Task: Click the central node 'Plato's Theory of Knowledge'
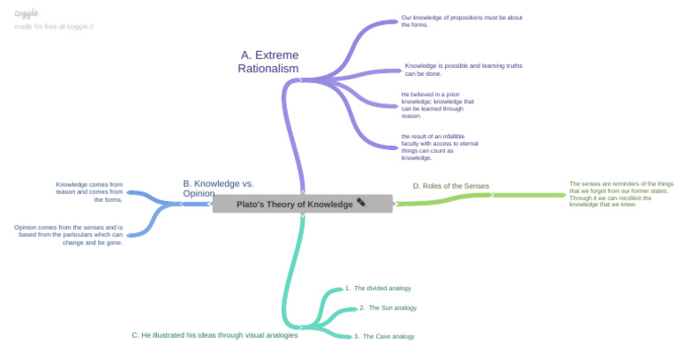(295, 204)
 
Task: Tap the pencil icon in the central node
(361, 204)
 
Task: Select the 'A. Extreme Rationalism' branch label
(268, 62)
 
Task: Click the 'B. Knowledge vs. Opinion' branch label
(218, 188)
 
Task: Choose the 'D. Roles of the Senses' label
(450, 185)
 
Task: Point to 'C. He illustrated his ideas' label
(215, 334)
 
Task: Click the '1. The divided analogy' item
(378, 288)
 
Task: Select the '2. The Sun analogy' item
(388, 308)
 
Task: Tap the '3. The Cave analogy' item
(384, 336)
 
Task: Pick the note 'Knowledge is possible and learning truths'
(450, 69)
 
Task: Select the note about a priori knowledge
(438, 104)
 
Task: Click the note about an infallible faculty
(440, 146)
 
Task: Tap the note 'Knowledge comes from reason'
(88, 191)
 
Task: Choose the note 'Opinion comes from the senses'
(68, 235)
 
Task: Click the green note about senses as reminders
(621, 194)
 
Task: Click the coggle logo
(26, 13)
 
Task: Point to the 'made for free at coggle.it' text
(54, 26)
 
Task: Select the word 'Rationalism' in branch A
(268, 69)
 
